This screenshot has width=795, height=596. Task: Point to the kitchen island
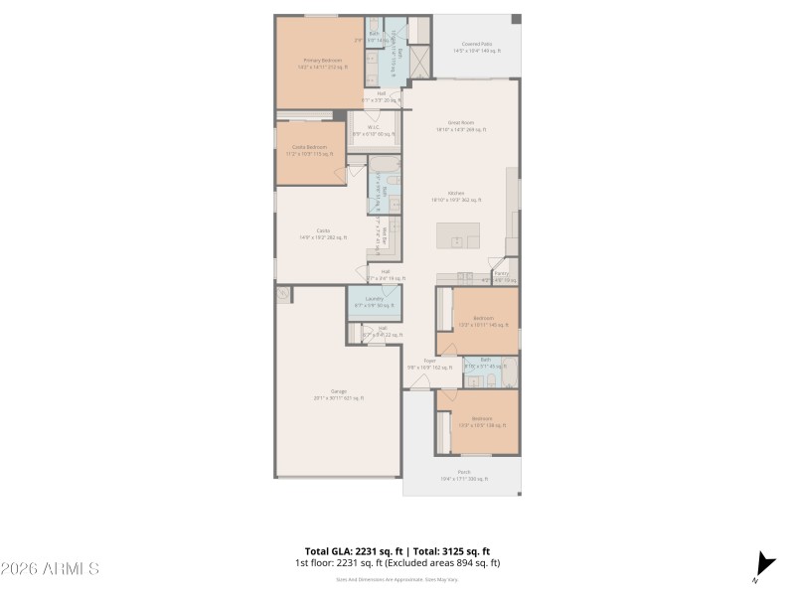pos(458,236)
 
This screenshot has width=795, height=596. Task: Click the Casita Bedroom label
pos(309,149)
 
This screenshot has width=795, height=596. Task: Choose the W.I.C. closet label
pos(374,129)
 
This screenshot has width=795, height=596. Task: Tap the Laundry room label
pos(375,301)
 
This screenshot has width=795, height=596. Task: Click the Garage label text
pos(339,394)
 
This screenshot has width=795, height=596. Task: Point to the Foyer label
pos(430,364)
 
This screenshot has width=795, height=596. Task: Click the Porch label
pos(463,475)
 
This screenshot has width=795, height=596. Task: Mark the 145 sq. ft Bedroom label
pos(483,321)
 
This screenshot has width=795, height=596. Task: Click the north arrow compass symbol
pos(763,563)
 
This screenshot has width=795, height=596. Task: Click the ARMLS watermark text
pos(50,569)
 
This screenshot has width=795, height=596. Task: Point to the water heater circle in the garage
pos(284,295)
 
